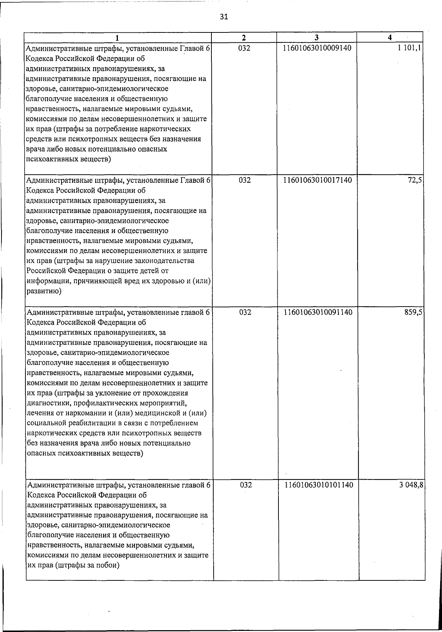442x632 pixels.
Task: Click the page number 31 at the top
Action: (224, 16)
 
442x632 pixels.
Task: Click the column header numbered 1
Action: (117, 38)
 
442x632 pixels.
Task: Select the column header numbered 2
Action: (244, 38)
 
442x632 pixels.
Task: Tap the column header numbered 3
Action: (317, 38)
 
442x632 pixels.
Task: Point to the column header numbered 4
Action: (390, 38)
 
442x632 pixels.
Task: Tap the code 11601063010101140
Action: (318, 485)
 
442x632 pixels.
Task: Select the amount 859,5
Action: (413, 312)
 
